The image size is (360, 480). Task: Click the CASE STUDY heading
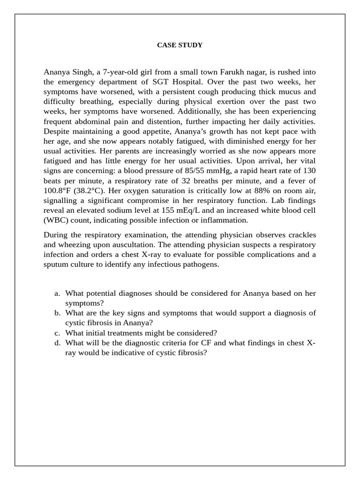pos(180,45)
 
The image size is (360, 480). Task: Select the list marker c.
pos(57,333)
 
